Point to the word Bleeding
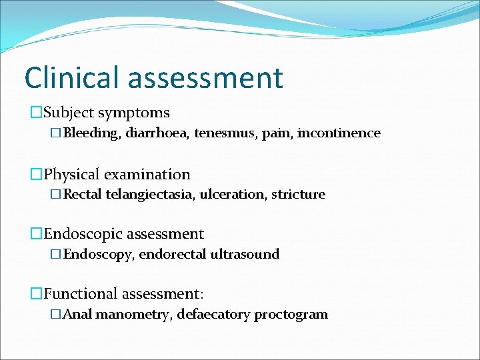[x=91, y=133]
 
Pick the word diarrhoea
[x=157, y=133]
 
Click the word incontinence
[x=339, y=133]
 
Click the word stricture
[x=298, y=195]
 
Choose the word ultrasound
[x=245, y=254]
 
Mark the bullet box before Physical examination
[x=36, y=175]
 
